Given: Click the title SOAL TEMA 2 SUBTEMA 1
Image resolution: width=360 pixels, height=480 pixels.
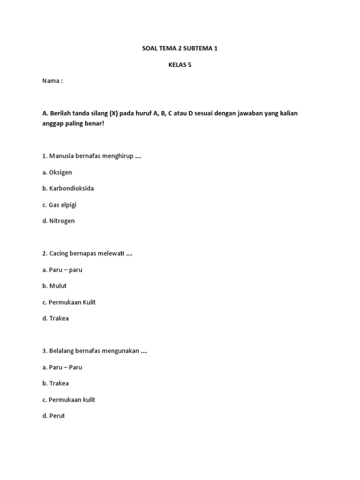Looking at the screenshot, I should [x=180, y=49].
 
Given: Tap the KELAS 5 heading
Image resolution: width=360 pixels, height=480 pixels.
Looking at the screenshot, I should [x=180, y=65].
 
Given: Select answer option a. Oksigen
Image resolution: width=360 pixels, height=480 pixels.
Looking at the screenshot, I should [x=57, y=172].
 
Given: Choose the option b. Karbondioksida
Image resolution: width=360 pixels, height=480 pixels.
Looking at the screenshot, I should [x=68, y=188].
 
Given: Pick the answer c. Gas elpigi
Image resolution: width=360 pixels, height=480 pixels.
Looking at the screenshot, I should [x=59, y=205].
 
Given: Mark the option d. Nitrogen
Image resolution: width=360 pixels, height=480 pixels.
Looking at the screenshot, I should [x=59, y=221].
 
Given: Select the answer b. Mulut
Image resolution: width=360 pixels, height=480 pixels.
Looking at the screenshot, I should [x=54, y=286].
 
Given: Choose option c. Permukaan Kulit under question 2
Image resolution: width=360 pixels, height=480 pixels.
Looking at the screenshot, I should [x=69, y=302].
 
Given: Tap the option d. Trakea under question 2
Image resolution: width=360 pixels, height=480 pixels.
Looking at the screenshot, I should [x=55, y=318].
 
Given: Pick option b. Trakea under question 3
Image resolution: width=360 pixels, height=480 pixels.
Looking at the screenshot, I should [x=55, y=383].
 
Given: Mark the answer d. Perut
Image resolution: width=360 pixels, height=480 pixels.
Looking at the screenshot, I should [x=53, y=416].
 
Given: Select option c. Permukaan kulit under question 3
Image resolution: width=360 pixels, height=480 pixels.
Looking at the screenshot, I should [x=68, y=400].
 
